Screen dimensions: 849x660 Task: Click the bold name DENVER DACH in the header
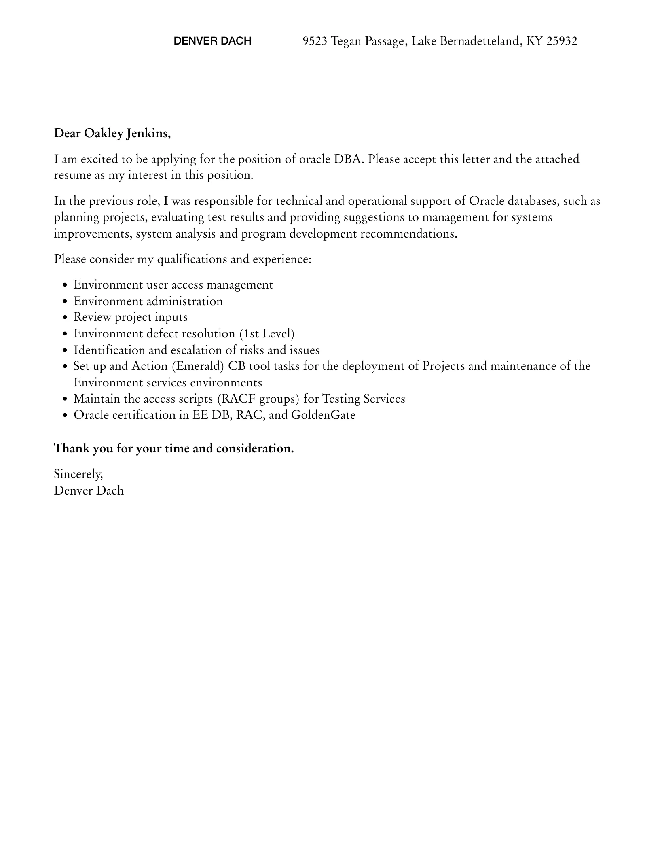click(212, 41)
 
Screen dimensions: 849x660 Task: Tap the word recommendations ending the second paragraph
click(408, 234)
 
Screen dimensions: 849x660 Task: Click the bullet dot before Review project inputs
click(65, 318)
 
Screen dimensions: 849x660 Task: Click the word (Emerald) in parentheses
click(198, 366)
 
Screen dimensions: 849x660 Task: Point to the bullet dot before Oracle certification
click(65, 416)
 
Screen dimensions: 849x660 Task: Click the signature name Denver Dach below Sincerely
click(89, 490)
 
